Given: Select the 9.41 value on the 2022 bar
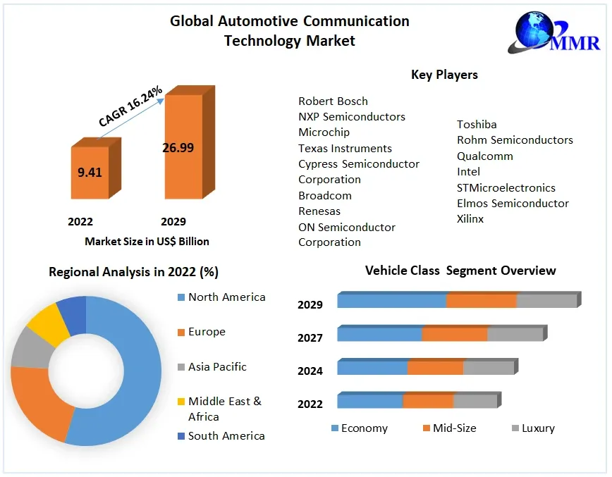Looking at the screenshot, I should (x=90, y=171).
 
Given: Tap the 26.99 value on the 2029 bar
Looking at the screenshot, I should (x=178, y=147).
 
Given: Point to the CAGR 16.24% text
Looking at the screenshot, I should (x=130, y=106).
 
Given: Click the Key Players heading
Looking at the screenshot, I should (x=444, y=75).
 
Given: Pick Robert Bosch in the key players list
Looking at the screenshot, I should (x=333, y=101).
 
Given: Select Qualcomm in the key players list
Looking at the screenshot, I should (x=484, y=156).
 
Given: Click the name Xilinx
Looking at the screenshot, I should (x=470, y=218).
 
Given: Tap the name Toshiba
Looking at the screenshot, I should (x=477, y=124).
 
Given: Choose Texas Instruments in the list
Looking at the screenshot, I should (x=345, y=148).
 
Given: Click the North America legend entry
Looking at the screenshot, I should (x=226, y=297).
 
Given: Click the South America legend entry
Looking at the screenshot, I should (x=226, y=435).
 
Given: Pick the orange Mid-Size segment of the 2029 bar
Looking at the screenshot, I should (x=481, y=301).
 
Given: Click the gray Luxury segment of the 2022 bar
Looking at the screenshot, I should (x=475, y=402).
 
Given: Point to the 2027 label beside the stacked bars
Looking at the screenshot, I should (x=310, y=337).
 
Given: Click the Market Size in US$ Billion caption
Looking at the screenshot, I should (x=147, y=241).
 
